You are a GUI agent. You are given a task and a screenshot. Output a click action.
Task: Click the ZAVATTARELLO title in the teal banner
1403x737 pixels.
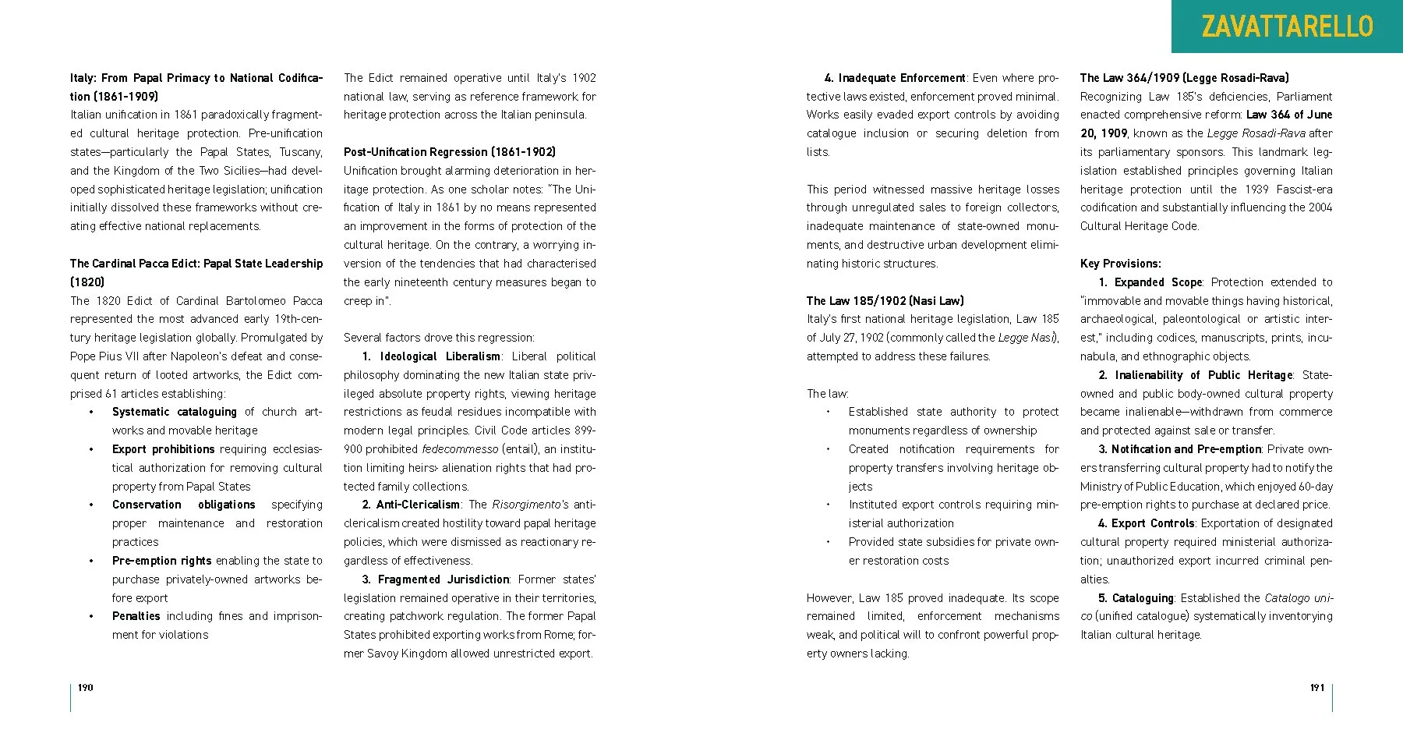click(x=1287, y=27)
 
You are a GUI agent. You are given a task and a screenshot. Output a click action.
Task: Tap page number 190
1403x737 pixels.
click(x=86, y=687)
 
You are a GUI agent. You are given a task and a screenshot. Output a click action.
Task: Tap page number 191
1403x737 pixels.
click(x=1316, y=687)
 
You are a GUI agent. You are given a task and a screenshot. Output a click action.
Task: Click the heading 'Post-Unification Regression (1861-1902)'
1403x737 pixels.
click(x=450, y=152)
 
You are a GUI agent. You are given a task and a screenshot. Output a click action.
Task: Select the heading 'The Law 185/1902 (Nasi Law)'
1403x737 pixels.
click(x=885, y=300)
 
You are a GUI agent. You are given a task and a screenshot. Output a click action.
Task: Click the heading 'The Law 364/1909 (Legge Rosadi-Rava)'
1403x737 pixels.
click(x=1184, y=78)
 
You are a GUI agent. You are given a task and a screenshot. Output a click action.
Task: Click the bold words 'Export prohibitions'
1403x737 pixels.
click(x=163, y=449)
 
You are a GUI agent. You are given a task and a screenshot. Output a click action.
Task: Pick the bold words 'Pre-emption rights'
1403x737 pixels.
click(x=161, y=561)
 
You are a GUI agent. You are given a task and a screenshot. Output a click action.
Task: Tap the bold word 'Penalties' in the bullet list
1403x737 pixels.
click(x=136, y=616)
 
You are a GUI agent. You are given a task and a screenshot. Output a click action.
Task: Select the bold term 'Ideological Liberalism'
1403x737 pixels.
click(x=440, y=356)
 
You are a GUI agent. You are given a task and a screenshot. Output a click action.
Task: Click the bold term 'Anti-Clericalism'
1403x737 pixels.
click(x=419, y=505)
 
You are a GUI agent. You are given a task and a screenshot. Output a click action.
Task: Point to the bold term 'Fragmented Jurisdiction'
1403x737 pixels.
click(x=443, y=579)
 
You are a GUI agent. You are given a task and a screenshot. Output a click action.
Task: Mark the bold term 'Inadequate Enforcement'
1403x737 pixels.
click(x=902, y=78)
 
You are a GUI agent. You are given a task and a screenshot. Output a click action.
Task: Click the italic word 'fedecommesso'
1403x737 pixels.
click(x=460, y=449)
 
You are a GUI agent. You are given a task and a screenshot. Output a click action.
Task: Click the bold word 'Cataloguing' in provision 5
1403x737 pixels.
click(x=1143, y=598)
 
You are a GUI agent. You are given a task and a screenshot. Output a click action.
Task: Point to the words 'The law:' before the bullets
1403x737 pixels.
click(x=827, y=394)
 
